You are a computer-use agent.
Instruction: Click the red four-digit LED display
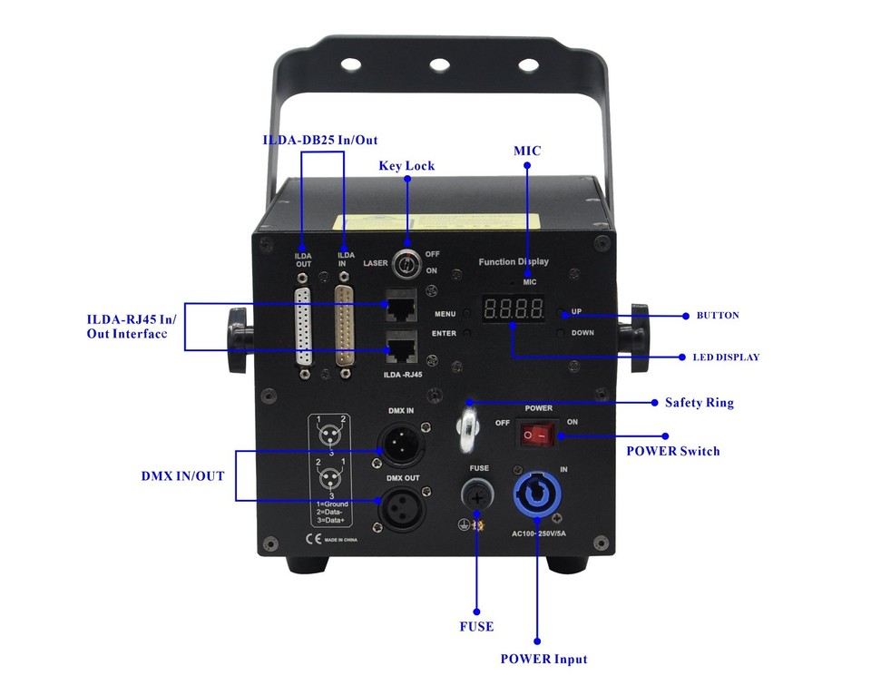coord(513,309)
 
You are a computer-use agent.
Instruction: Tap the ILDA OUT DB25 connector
coord(304,327)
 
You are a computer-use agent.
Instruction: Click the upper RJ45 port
coord(401,306)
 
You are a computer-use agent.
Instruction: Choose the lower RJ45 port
coord(401,347)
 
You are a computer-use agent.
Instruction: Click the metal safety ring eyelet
coord(469,426)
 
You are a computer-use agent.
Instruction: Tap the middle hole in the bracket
coord(439,64)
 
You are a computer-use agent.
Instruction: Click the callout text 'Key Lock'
coord(406,166)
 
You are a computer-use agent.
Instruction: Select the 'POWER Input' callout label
coord(543,659)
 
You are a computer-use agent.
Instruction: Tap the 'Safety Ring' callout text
coord(699,402)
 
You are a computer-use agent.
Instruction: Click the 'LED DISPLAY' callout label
coord(726,357)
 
